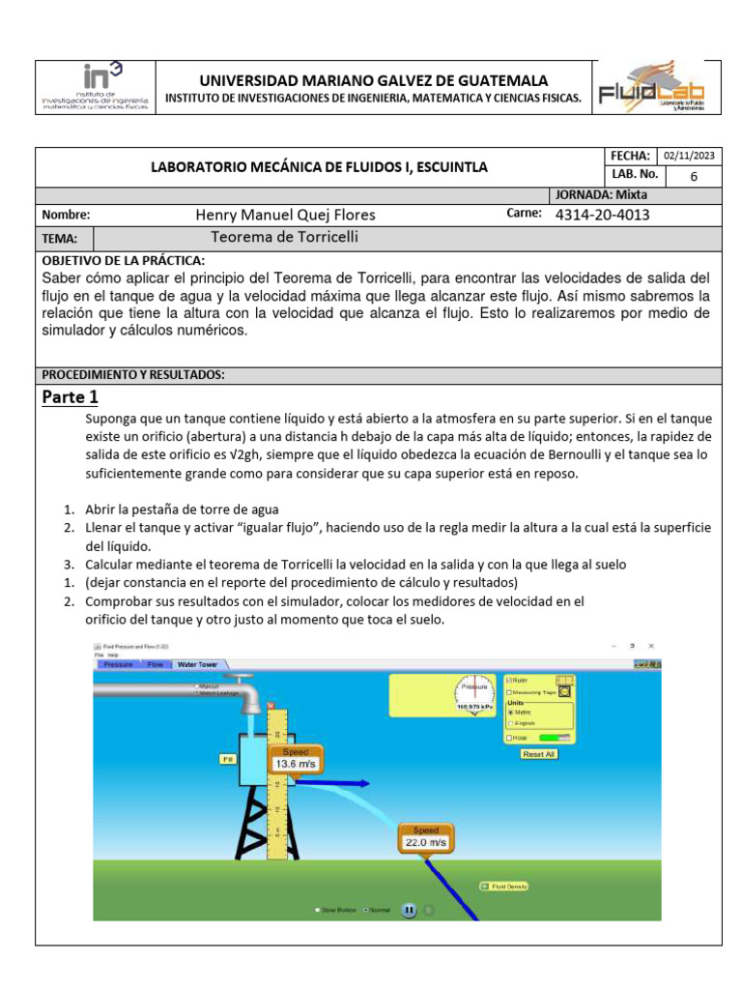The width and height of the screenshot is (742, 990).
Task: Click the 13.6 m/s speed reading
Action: click(x=296, y=763)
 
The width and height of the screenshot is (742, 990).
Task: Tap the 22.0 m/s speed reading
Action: click(x=426, y=842)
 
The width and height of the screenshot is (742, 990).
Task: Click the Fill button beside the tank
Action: click(x=228, y=760)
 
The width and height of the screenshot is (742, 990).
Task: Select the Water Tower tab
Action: click(x=197, y=665)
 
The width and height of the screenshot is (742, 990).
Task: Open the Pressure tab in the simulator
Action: click(x=118, y=665)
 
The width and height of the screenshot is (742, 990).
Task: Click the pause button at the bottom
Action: click(x=409, y=910)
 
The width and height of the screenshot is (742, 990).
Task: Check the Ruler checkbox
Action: click(x=510, y=681)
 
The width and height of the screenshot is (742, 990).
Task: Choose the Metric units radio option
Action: click(x=511, y=712)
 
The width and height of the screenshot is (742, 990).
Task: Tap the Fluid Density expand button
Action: click(x=484, y=886)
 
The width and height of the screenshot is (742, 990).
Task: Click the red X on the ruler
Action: click(x=271, y=706)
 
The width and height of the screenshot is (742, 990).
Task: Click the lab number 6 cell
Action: click(x=692, y=176)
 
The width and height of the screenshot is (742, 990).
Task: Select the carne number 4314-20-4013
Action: click(x=603, y=215)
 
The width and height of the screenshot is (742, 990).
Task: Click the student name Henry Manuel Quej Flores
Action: click(x=285, y=215)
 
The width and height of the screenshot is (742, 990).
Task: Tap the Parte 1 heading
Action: click(x=71, y=396)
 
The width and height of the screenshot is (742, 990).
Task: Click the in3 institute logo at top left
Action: click(x=95, y=88)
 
